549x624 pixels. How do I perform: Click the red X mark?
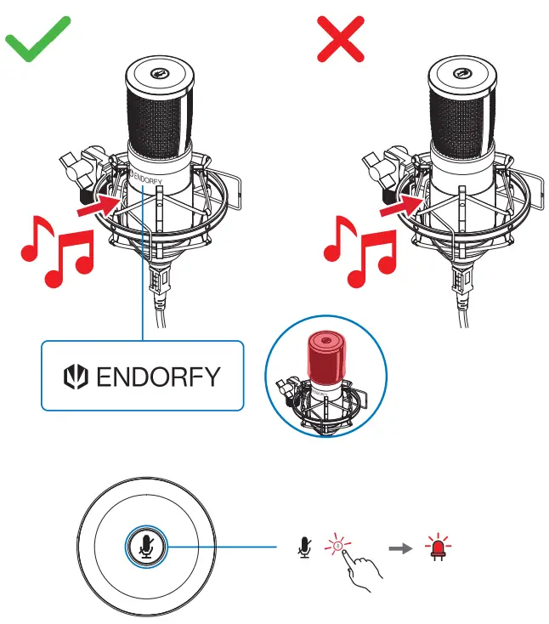(x=340, y=38)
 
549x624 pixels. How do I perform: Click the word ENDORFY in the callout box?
(x=158, y=377)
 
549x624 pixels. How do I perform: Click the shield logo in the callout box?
(x=78, y=377)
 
